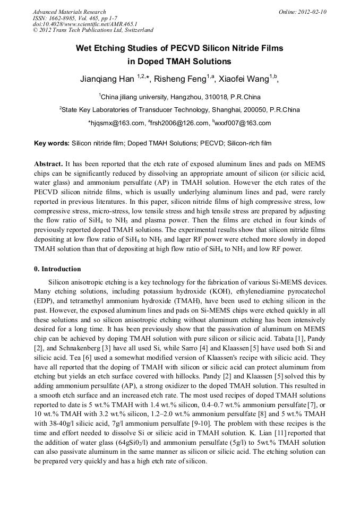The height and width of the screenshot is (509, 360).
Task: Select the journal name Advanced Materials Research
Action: tap(69, 12)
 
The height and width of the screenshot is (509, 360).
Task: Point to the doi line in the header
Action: tap(85, 24)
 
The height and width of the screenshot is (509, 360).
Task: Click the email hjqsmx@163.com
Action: tap(117, 123)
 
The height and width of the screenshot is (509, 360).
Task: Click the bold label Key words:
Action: tap(52, 143)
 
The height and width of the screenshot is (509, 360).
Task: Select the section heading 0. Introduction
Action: tap(57, 269)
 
